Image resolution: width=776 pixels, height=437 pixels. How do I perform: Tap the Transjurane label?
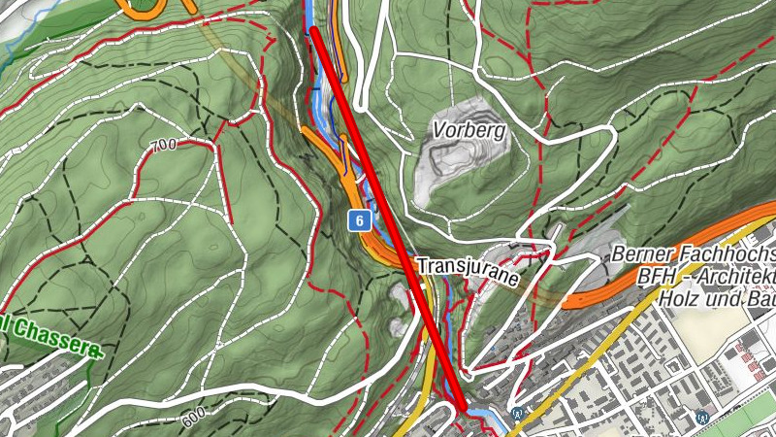[469, 265]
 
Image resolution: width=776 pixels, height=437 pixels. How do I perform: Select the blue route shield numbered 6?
[359, 221]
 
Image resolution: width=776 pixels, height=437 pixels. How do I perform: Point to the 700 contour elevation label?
[164, 147]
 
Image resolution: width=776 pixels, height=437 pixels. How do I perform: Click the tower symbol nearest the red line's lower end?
[519, 412]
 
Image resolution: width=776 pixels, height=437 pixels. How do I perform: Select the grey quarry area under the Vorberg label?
[456, 165]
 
